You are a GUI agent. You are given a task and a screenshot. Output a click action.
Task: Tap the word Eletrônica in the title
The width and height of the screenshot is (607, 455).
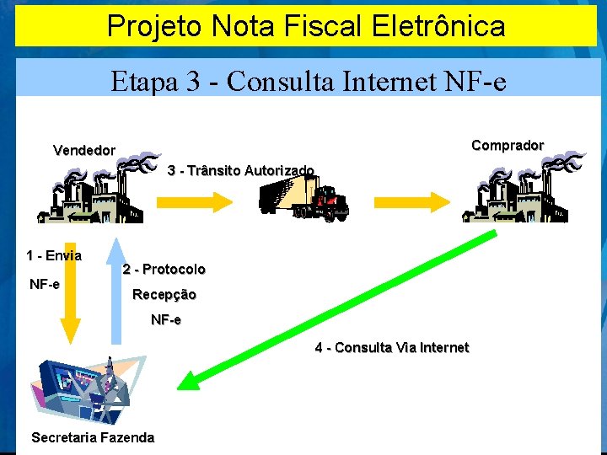[438, 26]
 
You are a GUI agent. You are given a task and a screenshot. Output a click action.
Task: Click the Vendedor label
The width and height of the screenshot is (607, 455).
[84, 151]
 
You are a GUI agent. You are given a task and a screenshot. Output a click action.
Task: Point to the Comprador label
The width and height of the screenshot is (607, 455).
[508, 145]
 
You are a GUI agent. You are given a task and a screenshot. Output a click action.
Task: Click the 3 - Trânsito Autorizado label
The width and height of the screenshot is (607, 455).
[240, 171]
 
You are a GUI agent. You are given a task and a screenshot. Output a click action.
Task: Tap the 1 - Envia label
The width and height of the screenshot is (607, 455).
[54, 255]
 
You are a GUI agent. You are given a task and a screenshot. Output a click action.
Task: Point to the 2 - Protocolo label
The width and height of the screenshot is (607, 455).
[164, 270]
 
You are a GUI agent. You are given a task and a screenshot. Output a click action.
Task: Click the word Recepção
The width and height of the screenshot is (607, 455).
[164, 295]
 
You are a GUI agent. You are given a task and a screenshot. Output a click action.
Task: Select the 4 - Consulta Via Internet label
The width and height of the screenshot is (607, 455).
[391, 347]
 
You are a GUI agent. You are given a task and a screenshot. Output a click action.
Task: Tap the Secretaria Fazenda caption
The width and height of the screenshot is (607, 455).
[93, 437]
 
